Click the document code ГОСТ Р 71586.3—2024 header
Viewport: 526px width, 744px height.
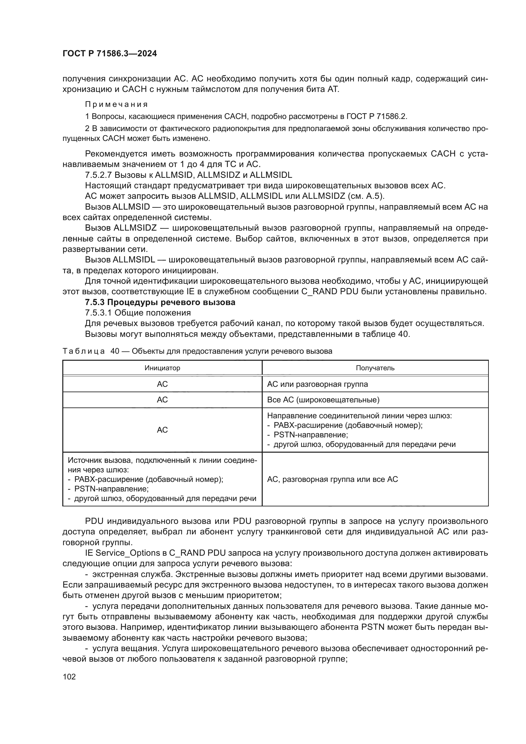pyautogui.click(x=109, y=54)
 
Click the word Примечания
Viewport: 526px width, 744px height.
pyautogui.click(x=116, y=104)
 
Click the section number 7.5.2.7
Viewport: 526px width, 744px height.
pyautogui.click(x=99, y=175)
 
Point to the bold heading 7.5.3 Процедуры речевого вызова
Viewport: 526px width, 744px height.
pyautogui.click(x=160, y=302)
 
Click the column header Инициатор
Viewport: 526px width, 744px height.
pyautogui.click(x=162, y=368)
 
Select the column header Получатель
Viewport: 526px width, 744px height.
pyautogui.click(x=375, y=368)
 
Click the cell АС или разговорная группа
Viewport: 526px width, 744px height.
pyautogui.click(x=317, y=384)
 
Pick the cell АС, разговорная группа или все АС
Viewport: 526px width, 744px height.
pyautogui.click(x=332, y=479)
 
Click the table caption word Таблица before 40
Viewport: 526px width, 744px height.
pyautogui.click(x=84, y=351)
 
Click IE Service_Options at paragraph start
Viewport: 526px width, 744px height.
pyautogui.click(x=122, y=553)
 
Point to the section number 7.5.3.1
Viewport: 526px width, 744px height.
pyautogui.click(x=99, y=313)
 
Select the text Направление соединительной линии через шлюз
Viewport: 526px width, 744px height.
pyautogui.click(x=359, y=416)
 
